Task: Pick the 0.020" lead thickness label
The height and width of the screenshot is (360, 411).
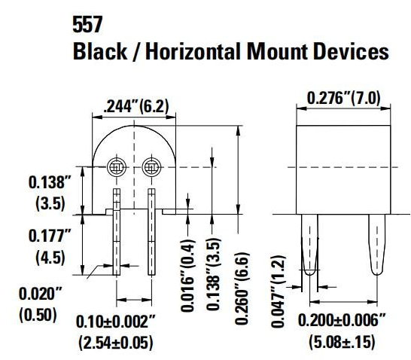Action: tap(37, 294)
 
